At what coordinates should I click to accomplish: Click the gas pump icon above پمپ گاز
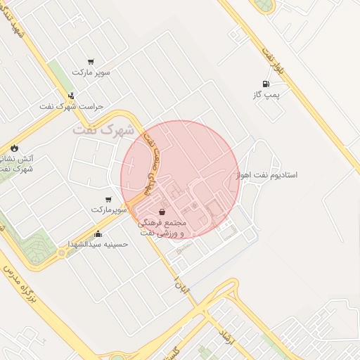point(265,84)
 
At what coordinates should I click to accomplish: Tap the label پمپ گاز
point(266,94)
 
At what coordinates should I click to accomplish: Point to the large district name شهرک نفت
point(103,130)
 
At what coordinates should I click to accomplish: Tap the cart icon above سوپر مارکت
point(91,62)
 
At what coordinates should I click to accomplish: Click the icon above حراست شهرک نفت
point(71,96)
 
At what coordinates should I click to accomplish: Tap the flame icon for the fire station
point(14,148)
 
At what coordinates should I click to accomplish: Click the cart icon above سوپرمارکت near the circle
point(108,200)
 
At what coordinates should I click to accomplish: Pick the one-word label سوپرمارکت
point(108,210)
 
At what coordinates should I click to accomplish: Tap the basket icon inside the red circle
point(162,212)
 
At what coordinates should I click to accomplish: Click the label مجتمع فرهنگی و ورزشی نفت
point(162,227)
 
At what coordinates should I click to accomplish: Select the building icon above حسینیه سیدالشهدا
point(97,234)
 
